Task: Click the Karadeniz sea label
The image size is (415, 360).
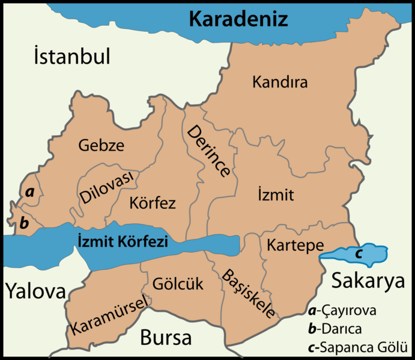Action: tap(239, 19)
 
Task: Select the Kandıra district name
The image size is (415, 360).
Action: tap(280, 82)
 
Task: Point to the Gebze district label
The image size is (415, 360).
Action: tap(101, 145)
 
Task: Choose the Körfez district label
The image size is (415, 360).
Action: tap(153, 203)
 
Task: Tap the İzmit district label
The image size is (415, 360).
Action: tap(275, 195)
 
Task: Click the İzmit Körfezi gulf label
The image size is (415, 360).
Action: tap(122, 241)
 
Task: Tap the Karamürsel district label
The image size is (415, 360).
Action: tap(108, 316)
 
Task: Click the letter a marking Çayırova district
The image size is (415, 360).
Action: tap(28, 192)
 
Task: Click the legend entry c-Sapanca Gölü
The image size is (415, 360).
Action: tap(357, 347)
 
